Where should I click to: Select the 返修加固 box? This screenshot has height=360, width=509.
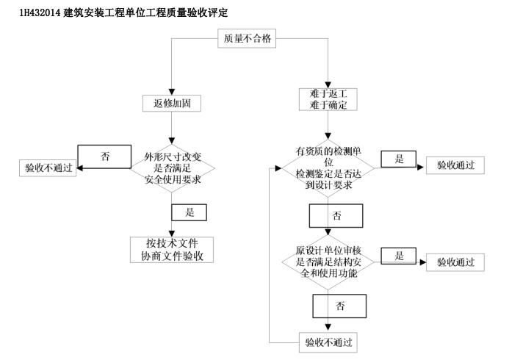coord(172,103)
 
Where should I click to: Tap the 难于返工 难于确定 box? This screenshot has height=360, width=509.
coord(328,98)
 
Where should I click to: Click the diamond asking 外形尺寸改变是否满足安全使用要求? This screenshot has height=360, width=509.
coord(172,169)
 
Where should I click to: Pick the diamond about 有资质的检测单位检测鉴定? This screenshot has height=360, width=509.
coord(324,169)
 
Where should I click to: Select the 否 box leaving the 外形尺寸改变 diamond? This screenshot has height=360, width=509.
coord(105,156)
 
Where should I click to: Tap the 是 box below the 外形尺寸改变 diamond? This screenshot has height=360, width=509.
coord(189,212)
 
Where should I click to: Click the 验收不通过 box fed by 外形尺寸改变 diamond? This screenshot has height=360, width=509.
coord(48,168)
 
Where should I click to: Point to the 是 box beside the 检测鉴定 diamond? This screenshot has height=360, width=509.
coord(399,159)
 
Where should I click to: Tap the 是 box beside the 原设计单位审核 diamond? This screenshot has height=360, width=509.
coord(400,256)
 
